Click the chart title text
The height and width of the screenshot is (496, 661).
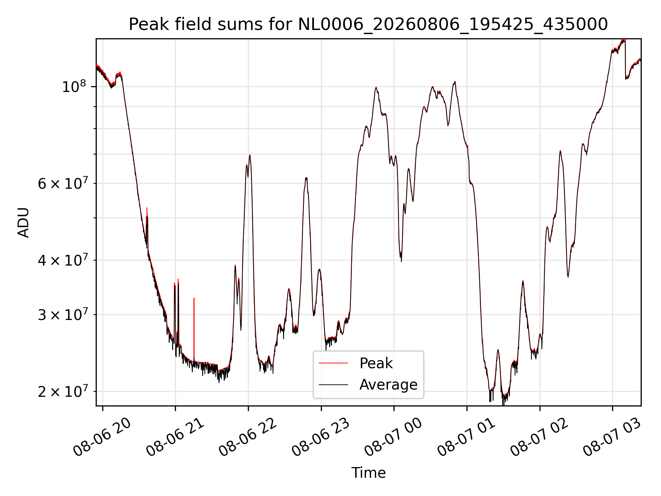(368, 24)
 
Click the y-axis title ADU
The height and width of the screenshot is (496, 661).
(23, 223)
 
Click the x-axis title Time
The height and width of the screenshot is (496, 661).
(368, 473)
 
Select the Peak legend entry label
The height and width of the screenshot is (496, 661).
(376, 363)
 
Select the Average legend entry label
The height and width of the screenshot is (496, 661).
(388, 385)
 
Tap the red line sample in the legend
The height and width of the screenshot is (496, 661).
(333, 363)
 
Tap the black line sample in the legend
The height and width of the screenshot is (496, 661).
(333, 384)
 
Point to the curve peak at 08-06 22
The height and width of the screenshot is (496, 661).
(250, 155)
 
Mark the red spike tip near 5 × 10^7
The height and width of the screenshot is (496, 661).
(147, 208)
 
